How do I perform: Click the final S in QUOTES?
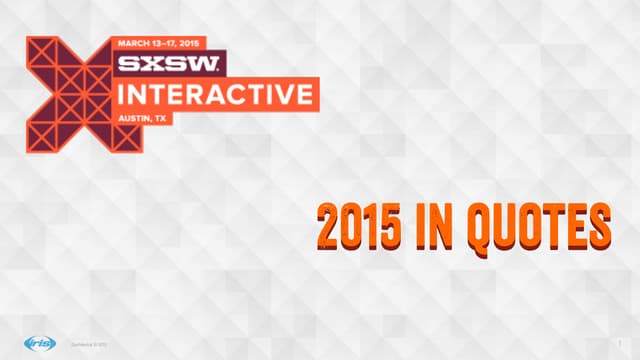(596, 226)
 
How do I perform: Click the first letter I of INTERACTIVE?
(124, 96)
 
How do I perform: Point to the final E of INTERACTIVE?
(306, 96)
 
